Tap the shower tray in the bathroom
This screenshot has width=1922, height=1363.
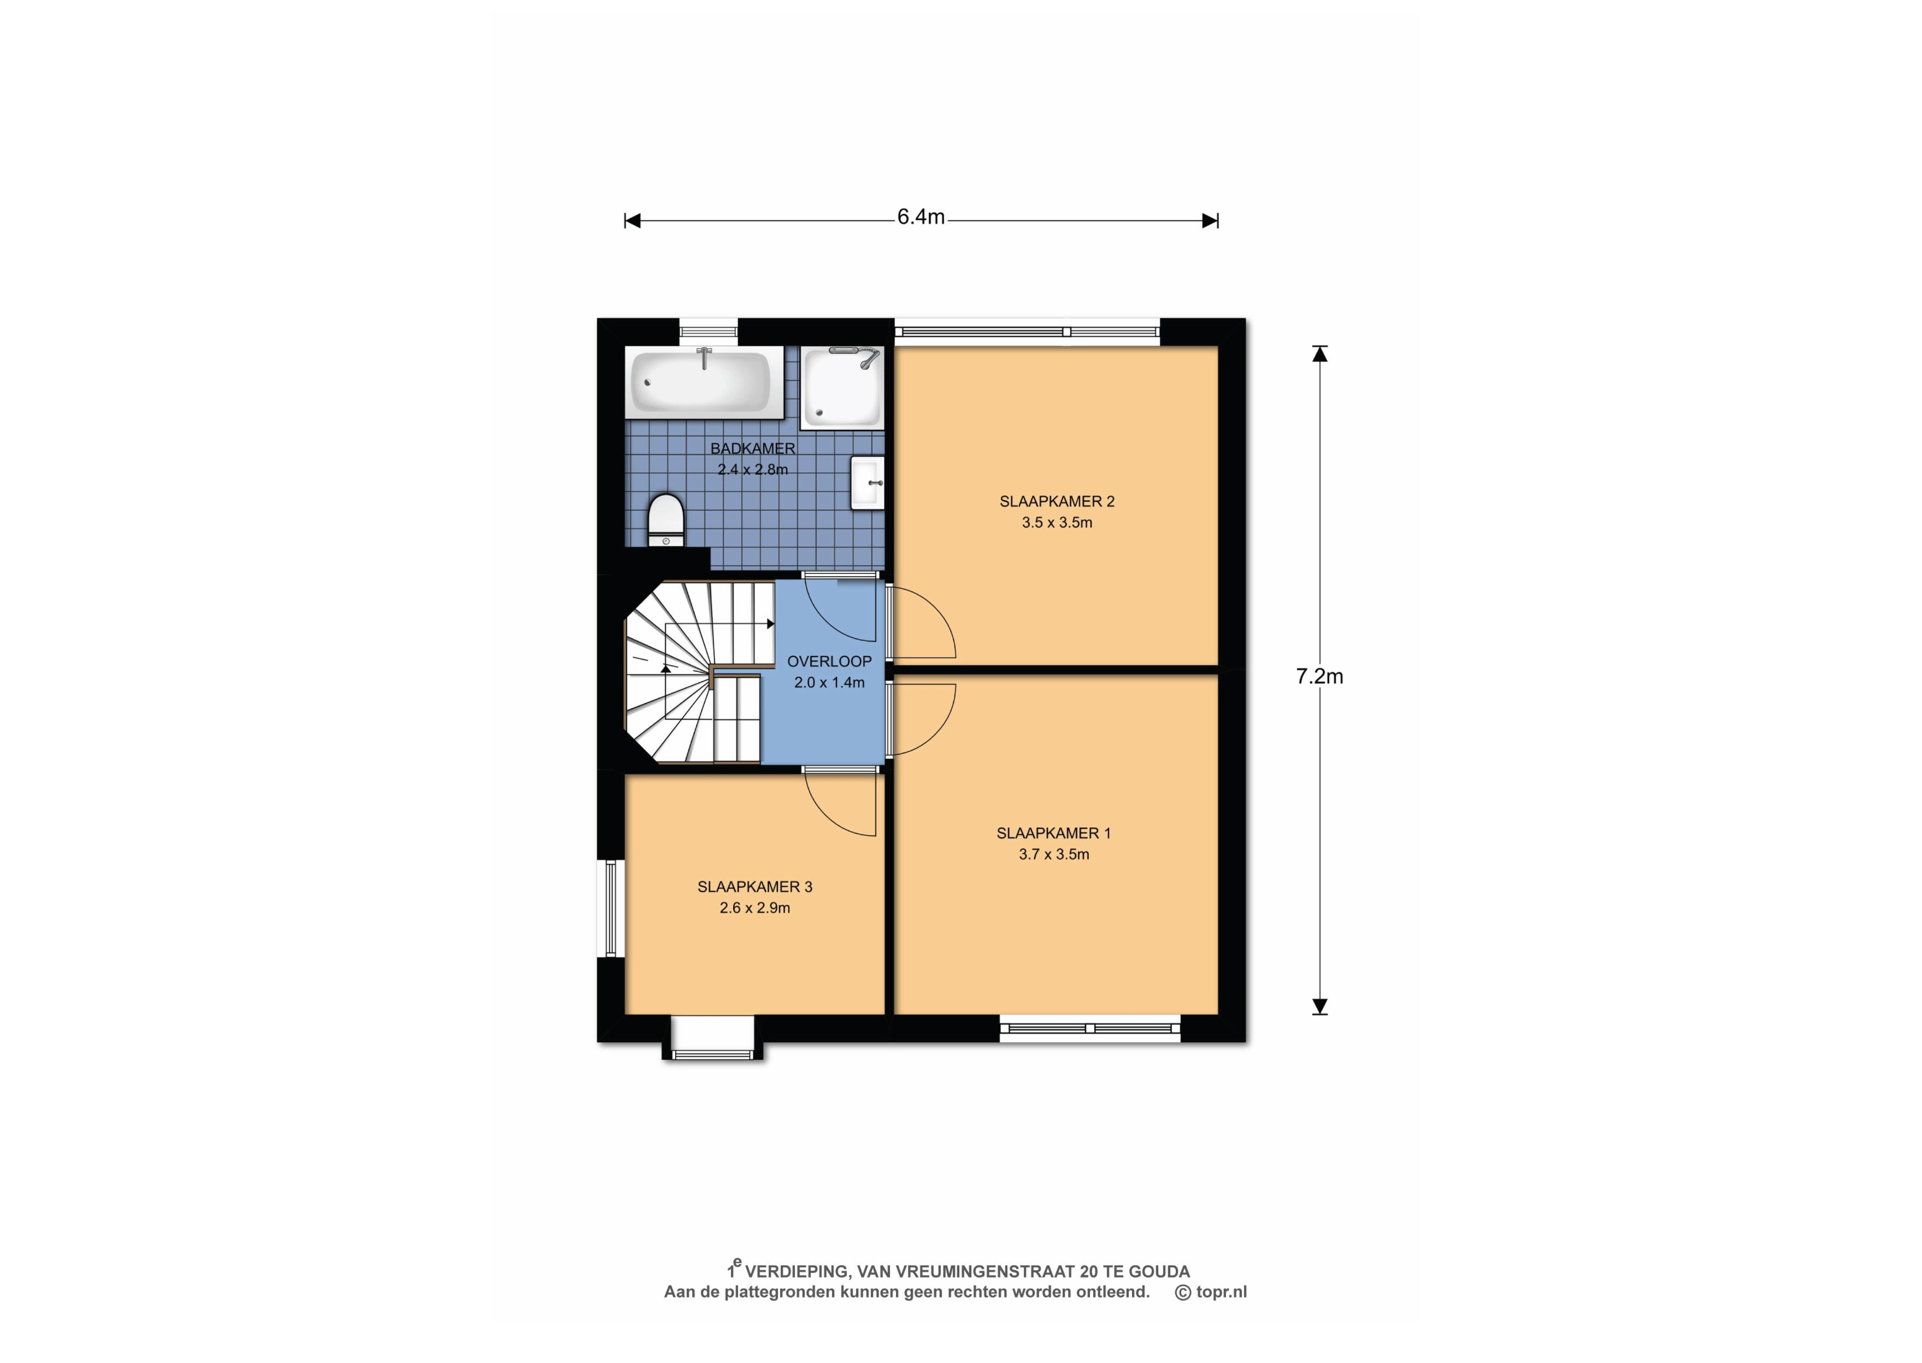pyautogui.click(x=842, y=388)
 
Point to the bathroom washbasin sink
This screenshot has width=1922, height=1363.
pyautogui.click(x=868, y=482)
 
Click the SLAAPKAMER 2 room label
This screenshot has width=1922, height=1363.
pyautogui.click(x=1057, y=501)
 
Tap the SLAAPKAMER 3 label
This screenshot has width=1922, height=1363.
pyautogui.click(x=755, y=886)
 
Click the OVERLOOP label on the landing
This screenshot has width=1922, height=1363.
pyautogui.click(x=829, y=661)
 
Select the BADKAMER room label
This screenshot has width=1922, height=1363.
pyautogui.click(x=752, y=448)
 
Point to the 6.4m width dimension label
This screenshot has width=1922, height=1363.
pyautogui.click(x=921, y=216)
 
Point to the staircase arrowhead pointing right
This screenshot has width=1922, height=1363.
pyautogui.click(x=770, y=623)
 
